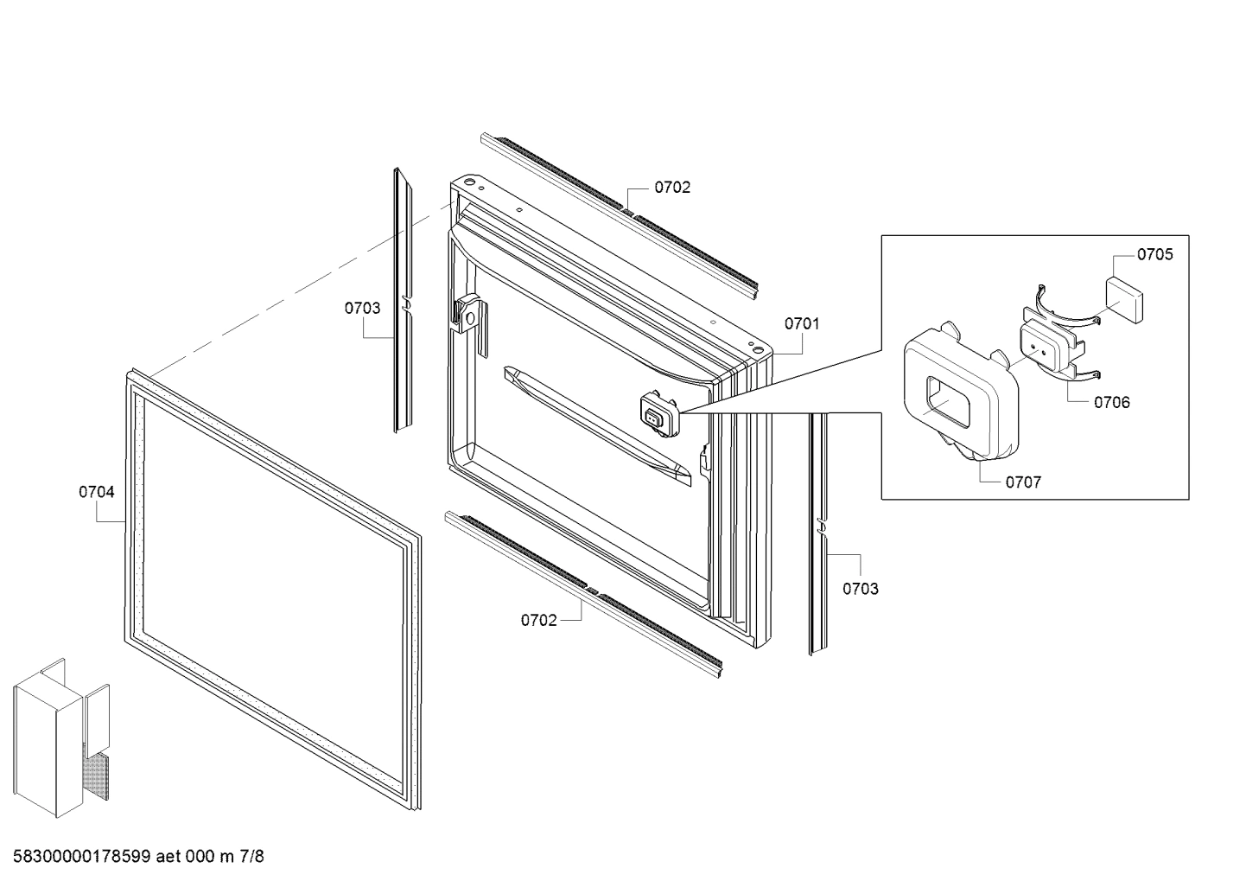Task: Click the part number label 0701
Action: click(801, 323)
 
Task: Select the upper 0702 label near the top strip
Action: click(672, 188)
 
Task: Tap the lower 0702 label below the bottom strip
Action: click(538, 620)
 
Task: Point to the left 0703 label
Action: click(362, 308)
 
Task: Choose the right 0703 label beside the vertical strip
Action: click(860, 589)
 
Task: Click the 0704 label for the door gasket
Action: click(97, 492)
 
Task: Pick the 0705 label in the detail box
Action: click(1154, 254)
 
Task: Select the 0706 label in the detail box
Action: click(1111, 402)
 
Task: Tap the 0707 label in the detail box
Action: click(1023, 482)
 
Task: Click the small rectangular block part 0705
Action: click(1124, 298)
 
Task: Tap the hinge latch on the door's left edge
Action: click(467, 316)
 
